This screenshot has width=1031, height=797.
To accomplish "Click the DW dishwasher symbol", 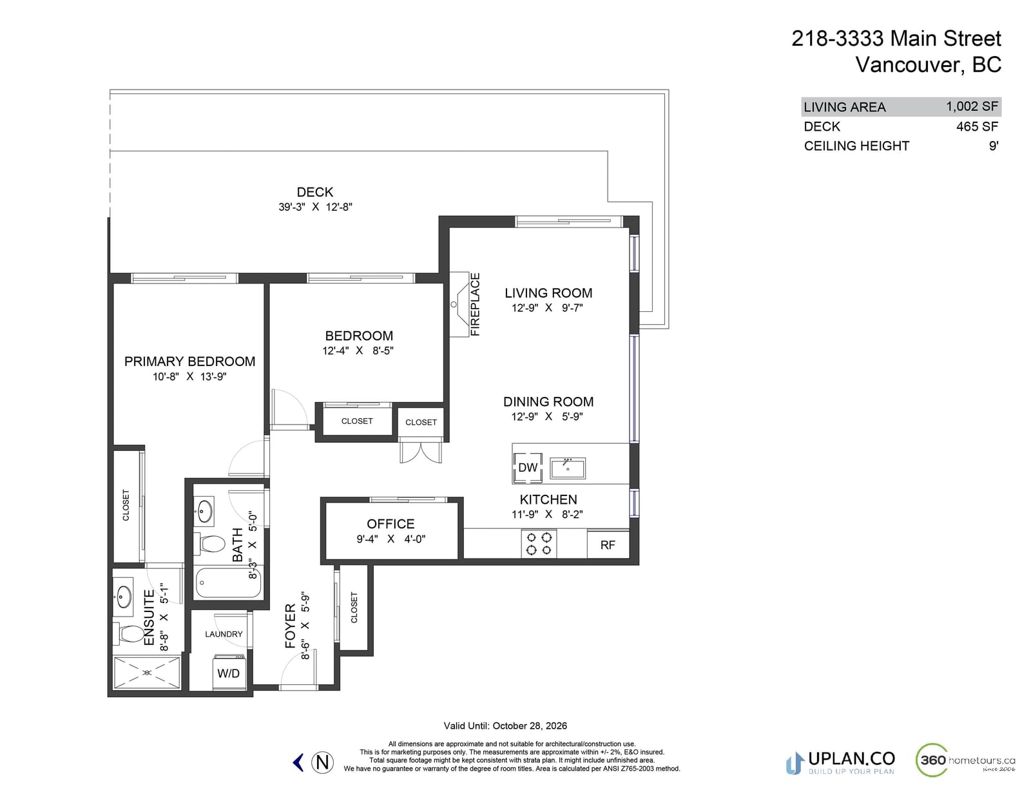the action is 528,468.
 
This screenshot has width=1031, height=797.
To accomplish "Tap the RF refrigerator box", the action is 608,544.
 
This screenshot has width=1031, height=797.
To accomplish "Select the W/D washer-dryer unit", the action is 229,672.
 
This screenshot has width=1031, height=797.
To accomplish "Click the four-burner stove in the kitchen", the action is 539,544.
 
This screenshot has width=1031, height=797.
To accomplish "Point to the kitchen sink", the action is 568,468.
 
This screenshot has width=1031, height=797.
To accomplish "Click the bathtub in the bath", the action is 228,582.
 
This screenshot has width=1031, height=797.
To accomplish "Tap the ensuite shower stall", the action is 147,673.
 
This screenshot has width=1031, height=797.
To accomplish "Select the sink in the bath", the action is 204,510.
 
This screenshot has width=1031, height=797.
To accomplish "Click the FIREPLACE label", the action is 475,305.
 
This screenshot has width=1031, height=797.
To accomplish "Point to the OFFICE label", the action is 390,524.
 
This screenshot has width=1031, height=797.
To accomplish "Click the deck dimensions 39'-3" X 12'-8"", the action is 316,207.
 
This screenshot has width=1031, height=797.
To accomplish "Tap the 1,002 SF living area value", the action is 972,107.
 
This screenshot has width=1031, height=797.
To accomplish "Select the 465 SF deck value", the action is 978,127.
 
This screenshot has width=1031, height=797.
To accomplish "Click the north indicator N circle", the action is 323,763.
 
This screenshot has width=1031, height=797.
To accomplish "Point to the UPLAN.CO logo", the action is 840,763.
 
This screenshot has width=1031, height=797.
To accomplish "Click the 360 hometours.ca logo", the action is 965,760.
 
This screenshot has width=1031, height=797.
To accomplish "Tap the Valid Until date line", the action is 505,726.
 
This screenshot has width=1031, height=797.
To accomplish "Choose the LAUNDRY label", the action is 224,634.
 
